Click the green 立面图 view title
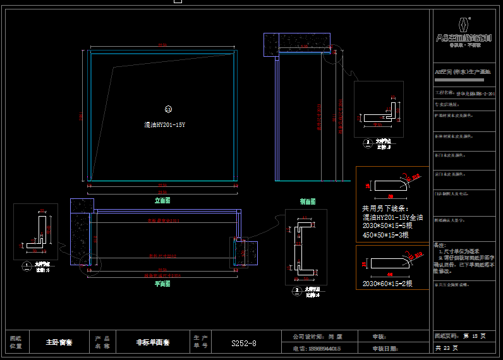click(162, 200)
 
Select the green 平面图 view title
click(162, 284)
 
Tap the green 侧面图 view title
click(308, 201)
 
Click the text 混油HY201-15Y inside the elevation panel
click(164, 125)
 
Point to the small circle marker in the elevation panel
click(168, 109)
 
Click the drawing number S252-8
click(243, 344)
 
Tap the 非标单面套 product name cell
click(153, 343)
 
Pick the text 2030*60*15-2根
click(387, 284)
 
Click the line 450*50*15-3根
click(385, 235)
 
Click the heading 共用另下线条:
click(385, 208)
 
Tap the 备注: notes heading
click(440, 244)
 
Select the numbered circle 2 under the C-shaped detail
click(297, 291)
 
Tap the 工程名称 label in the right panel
click(445, 93)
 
